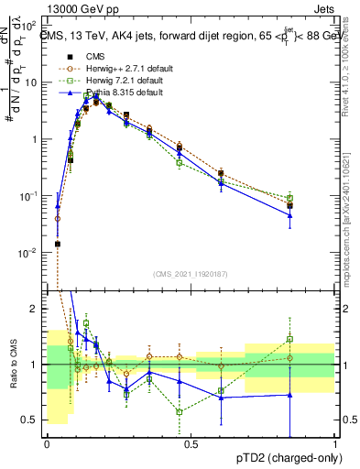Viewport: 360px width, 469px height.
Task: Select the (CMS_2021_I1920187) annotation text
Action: point(191,274)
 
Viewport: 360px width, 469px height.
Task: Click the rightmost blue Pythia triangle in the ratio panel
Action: point(289,395)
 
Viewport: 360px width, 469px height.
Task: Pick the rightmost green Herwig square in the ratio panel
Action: point(289,339)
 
